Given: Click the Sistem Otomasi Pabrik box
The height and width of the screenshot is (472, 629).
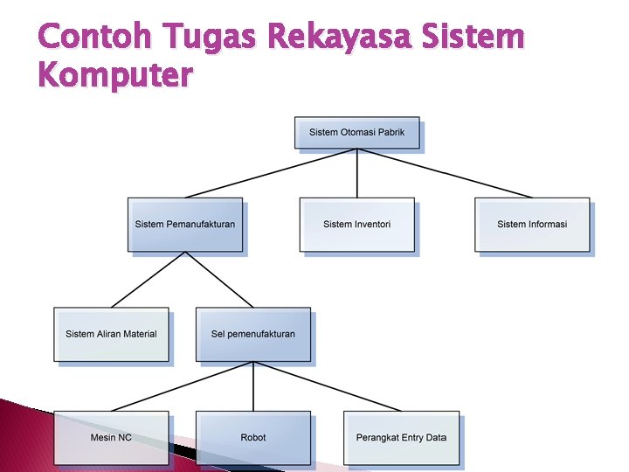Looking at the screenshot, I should tap(356, 133).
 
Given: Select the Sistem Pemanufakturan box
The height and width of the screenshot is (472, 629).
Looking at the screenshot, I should tap(185, 225).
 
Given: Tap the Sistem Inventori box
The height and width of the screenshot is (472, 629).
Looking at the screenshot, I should tap(356, 225).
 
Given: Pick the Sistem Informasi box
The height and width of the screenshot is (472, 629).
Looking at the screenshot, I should tap(532, 225).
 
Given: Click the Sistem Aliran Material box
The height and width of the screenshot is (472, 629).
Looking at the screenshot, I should tap(111, 334).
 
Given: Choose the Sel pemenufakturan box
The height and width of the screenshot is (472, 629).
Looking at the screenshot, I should tap(253, 334).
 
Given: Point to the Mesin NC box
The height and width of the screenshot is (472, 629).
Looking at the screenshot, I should tap(111, 437).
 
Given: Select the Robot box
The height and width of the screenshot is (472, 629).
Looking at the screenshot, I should tap(253, 437).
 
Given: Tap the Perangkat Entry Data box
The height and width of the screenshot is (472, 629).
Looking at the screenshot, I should tap(401, 437).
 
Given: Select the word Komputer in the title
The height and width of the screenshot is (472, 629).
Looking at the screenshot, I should tap(114, 77).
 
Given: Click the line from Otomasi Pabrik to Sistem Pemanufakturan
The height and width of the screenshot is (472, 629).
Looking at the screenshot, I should tap(271, 173).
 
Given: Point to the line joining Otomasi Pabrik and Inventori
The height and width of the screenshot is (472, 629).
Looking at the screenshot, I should tap(356, 173).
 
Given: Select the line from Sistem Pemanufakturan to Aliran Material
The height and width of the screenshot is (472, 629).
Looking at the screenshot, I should tap(149, 280).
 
